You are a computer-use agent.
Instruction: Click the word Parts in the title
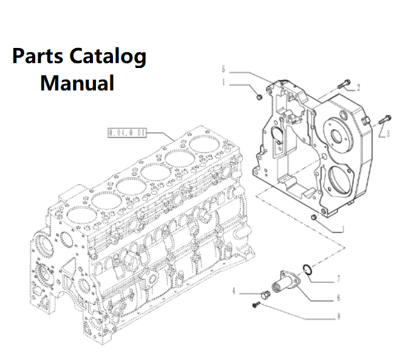[37, 57]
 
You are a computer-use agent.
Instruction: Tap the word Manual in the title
[77, 82]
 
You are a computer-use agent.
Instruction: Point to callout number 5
[223, 68]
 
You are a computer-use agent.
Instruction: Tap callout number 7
[338, 279]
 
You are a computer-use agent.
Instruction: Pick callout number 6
[338, 297]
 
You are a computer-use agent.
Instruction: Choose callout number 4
[233, 291]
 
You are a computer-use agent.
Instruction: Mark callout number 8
[338, 316]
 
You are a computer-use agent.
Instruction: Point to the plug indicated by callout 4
[263, 296]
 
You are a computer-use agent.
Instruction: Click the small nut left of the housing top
[259, 97]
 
